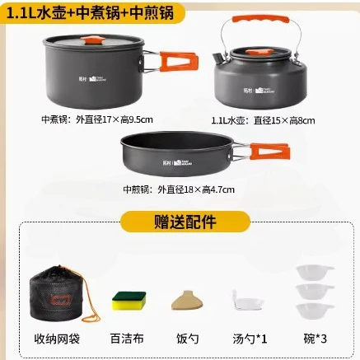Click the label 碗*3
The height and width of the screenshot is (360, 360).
316,338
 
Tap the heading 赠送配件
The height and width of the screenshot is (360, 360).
180,221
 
